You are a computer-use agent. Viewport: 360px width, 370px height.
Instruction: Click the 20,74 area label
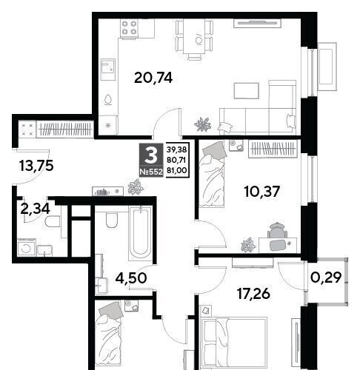click(153, 78)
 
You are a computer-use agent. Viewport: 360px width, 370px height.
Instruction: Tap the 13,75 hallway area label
click(36, 166)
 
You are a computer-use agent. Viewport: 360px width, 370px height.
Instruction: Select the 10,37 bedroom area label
click(261, 192)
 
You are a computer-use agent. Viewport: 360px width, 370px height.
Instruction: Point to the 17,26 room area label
click(253, 294)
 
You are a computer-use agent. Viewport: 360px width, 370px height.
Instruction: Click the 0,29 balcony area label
click(326, 277)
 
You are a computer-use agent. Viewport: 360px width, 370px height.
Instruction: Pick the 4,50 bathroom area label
click(131, 278)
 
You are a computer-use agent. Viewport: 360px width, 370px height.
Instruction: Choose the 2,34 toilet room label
click(36, 209)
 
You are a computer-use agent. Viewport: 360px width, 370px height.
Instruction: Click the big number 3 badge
click(151, 155)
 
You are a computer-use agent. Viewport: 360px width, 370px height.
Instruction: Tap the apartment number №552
click(151, 172)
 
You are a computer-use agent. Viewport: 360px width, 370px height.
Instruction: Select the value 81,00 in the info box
click(177, 170)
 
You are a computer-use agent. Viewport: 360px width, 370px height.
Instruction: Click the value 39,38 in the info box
click(177, 149)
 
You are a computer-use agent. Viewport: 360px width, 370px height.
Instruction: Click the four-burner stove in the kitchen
click(129, 28)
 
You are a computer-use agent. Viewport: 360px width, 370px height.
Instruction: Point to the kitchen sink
click(108, 70)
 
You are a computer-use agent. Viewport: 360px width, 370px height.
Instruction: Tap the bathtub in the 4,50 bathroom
click(140, 234)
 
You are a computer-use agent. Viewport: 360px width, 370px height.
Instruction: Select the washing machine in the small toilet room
click(27, 247)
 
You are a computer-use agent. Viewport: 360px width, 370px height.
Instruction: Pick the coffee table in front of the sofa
click(247, 90)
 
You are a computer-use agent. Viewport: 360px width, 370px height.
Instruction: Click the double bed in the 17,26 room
click(234, 343)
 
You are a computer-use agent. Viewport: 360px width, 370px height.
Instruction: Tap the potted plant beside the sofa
click(203, 124)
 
